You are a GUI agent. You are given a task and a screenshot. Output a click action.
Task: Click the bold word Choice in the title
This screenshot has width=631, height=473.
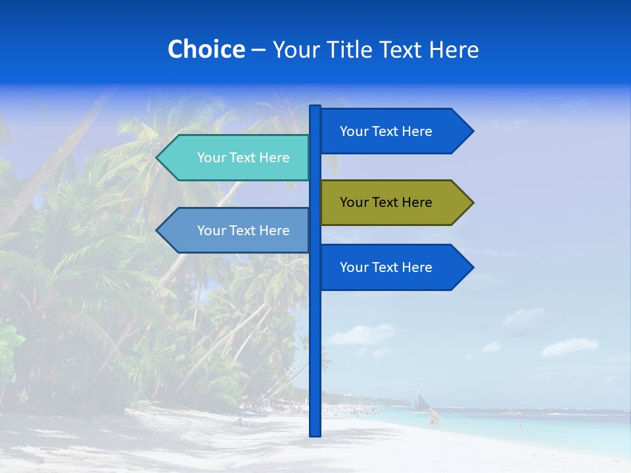[206, 49]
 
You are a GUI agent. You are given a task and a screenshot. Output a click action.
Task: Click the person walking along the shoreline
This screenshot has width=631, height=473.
[433, 418]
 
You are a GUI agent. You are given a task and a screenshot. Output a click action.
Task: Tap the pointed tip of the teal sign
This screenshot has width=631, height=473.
[158, 158]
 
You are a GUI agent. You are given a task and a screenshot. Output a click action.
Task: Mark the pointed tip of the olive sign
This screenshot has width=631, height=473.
[472, 202]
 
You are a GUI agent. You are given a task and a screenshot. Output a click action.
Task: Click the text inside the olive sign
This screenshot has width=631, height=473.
[386, 202]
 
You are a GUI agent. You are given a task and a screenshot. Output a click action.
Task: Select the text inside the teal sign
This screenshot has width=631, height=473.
[243, 158]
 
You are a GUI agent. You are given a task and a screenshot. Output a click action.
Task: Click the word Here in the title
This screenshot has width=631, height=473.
[454, 49]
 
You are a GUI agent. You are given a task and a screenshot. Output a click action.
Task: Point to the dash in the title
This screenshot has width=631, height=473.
[258, 51]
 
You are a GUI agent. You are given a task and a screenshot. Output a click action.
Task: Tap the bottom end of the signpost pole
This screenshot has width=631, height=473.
[315, 434]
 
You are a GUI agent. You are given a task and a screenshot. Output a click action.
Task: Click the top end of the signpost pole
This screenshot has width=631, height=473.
[315, 107]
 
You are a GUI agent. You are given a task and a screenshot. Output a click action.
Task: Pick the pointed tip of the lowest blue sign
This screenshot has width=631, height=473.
[472, 267]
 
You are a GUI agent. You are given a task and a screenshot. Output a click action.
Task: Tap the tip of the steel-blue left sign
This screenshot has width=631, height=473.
[158, 231]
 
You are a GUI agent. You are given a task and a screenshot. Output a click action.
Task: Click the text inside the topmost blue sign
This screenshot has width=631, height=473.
[386, 131]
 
